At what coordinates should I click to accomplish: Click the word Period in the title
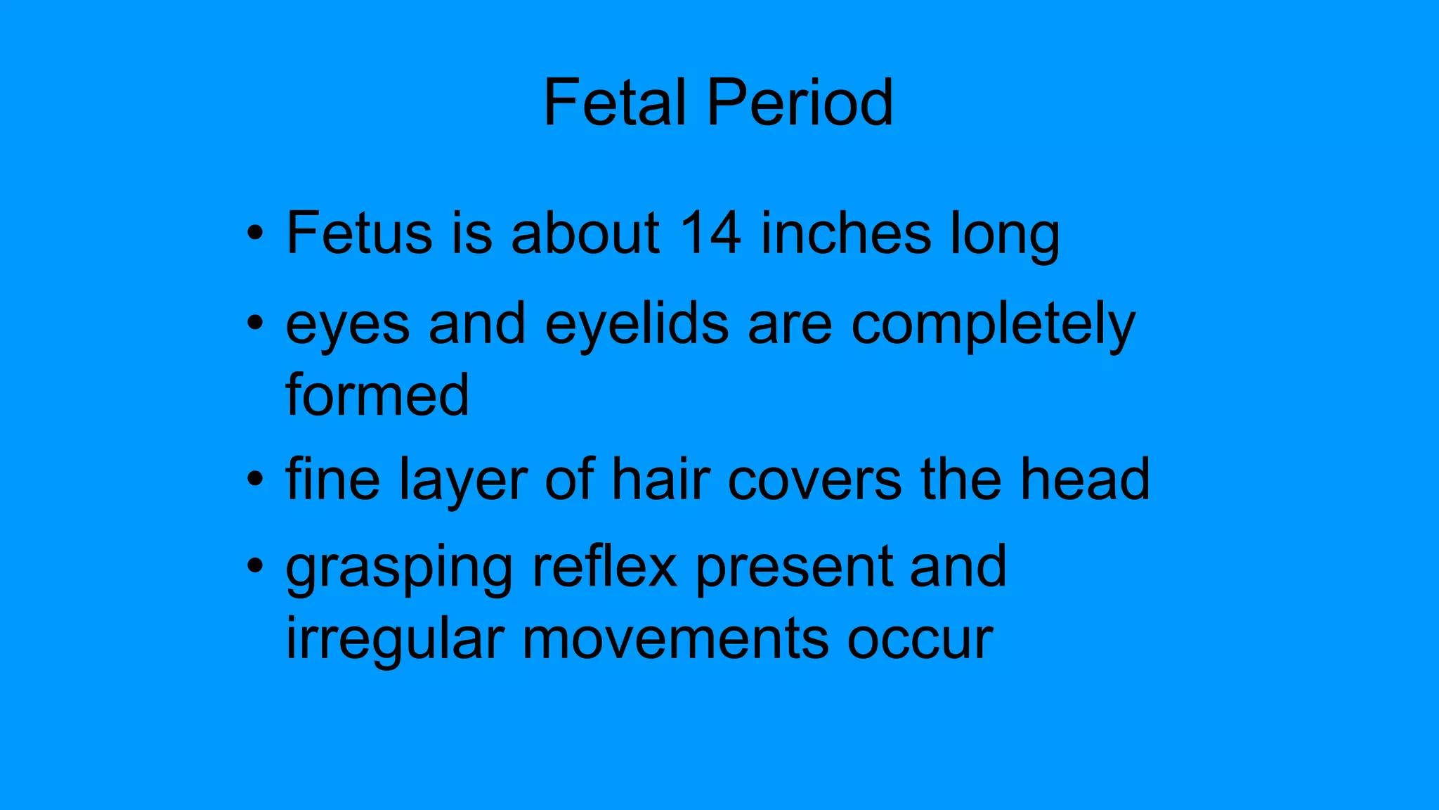tap(800, 103)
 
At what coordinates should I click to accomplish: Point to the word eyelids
tap(637, 324)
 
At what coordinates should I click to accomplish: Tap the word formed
tap(377, 394)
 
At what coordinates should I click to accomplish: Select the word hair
tap(660, 480)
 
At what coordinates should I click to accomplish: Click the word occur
tap(920, 640)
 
